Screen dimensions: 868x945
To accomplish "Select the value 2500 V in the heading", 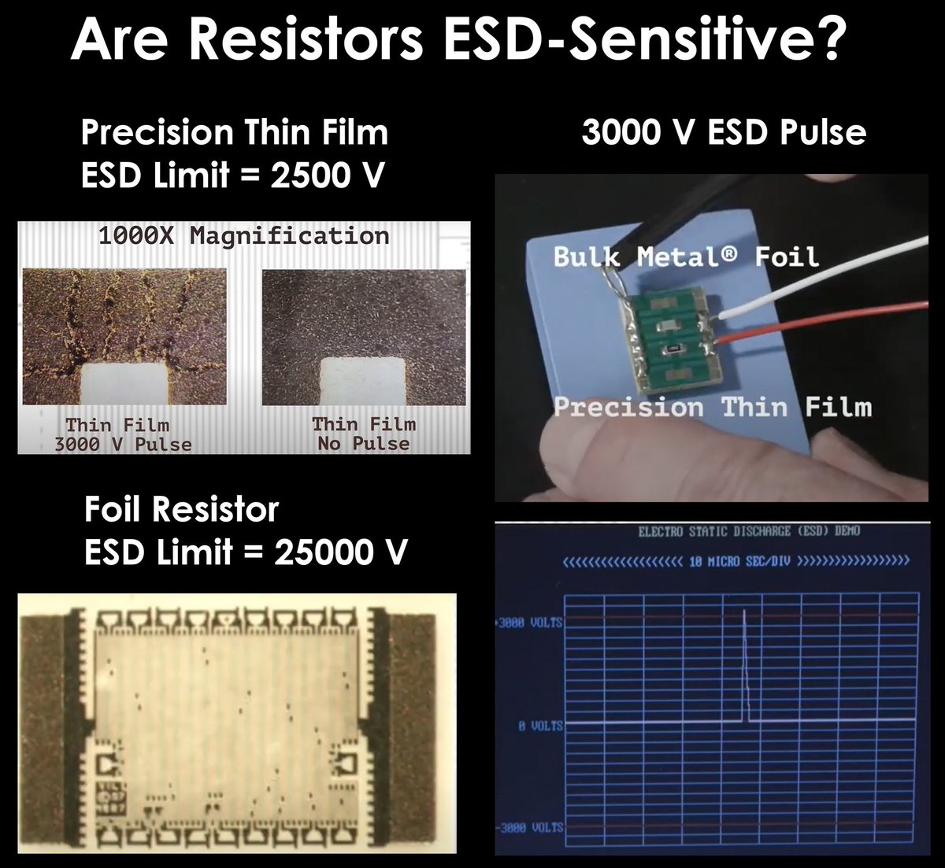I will pyautogui.click(x=327, y=175).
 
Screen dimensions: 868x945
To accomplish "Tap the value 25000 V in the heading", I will pyautogui.click(x=340, y=552).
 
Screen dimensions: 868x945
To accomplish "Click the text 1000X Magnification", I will pyautogui.click(x=243, y=236).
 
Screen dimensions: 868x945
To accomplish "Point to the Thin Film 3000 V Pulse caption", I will pyautogui.click(x=122, y=434).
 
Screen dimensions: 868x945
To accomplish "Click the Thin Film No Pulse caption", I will pyautogui.click(x=363, y=434).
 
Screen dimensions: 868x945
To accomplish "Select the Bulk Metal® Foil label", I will pyautogui.click(x=685, y=257).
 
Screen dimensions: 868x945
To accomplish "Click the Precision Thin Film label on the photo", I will pyautogui.click(x=713, y=407).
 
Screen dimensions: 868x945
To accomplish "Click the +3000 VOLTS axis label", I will pyautogui.click(x=529, y=623).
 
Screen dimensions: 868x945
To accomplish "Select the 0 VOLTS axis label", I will pyautogui.click(x=540, y=726).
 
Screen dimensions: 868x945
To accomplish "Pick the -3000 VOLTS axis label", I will pyautogui.click(x=529, y=827).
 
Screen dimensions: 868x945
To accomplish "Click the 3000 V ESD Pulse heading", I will pyautogui.click(x=724, y=132).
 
